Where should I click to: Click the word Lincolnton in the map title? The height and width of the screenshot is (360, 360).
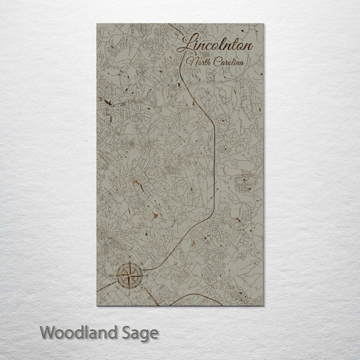pos(216,45)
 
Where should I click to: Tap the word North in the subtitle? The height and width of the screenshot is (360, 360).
pos(197,62)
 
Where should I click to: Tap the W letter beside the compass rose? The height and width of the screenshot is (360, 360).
pos(111,274)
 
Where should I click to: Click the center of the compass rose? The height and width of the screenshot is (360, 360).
pos(130,275)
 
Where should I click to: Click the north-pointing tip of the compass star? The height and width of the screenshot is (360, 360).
pos(130,262)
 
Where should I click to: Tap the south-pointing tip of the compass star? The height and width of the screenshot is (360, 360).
pos(130,288)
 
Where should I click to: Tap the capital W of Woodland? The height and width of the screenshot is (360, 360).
pos(48,332)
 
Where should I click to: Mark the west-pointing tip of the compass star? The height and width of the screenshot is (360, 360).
pos(117,275)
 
